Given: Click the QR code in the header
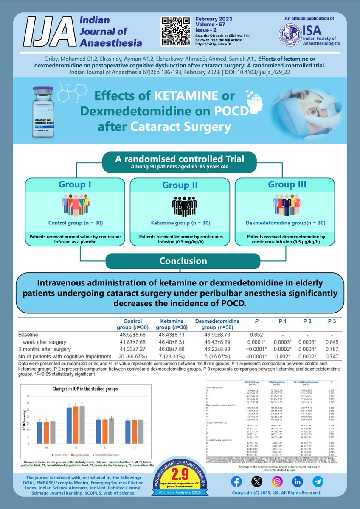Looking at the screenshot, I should click(176, 32).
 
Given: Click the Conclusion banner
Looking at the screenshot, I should click(180, 261).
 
